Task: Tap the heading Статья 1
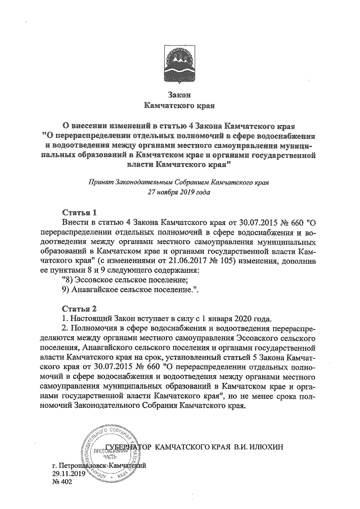tap(78, 213)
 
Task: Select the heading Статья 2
tap(78, 308)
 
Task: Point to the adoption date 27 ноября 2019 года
tap(179, 192)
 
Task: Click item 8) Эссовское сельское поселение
tap(125, 280)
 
